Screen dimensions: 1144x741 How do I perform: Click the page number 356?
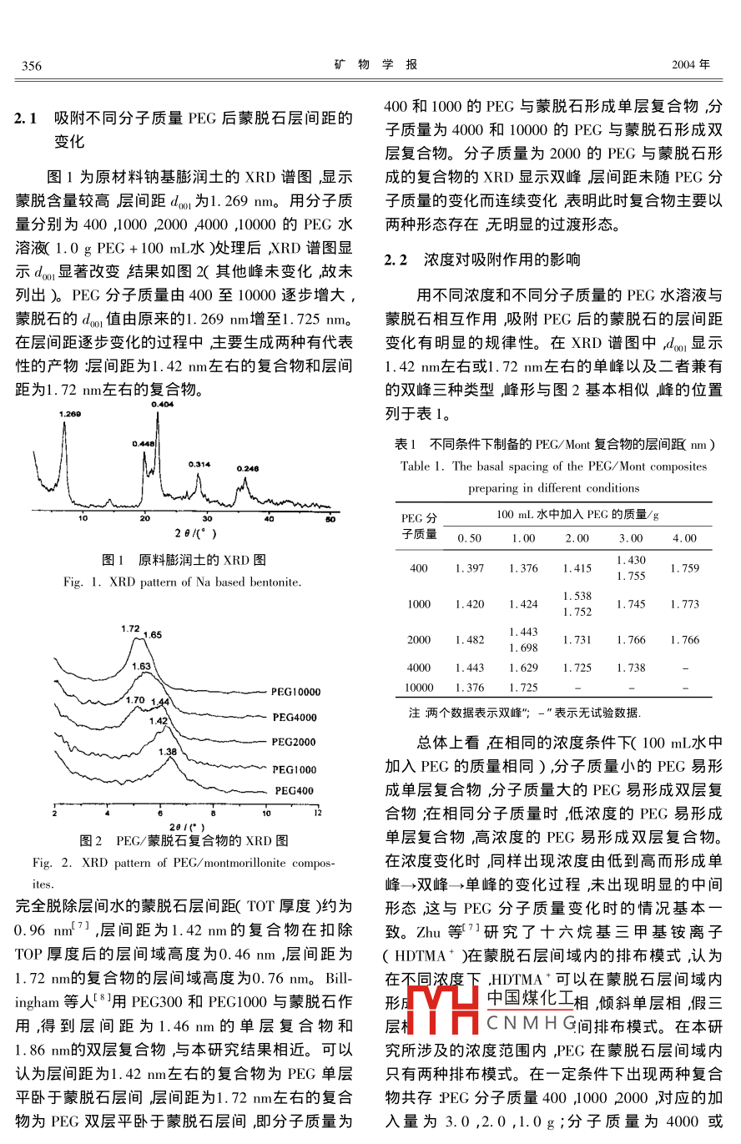pos(32,65)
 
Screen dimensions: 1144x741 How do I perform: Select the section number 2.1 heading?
pos(26,119)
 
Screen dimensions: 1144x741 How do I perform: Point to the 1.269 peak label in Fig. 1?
pos(70,413)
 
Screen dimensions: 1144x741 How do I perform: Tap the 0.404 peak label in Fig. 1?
pos(163,404)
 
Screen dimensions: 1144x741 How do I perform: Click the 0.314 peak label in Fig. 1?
pos(199,464)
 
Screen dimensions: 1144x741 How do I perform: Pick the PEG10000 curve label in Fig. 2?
pos(295,692)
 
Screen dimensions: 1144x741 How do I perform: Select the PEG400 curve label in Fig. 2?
pos(298,790)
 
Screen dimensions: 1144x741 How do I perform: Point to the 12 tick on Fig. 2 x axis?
pos(317,812)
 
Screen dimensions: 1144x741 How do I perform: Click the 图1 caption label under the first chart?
pos(113,559)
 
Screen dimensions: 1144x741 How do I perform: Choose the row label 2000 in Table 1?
pos(419,640)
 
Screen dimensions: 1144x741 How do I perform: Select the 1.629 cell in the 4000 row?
pos(523,668)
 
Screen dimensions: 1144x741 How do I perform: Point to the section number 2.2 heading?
pos(396,260)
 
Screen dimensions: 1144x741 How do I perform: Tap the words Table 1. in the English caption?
pos(423,466)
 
